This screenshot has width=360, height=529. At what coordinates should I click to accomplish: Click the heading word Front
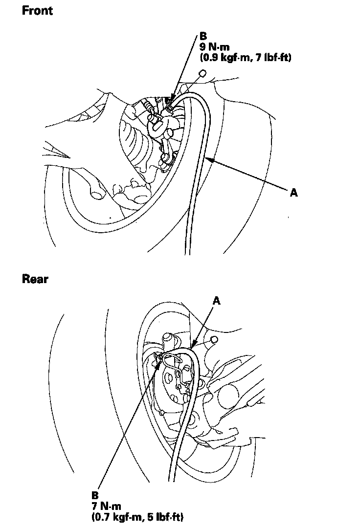click(x=37, y=11)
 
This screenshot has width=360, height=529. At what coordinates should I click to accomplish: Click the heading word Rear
click(x=35, y=279)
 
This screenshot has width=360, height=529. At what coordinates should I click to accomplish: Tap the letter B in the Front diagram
click(x=203, y=37)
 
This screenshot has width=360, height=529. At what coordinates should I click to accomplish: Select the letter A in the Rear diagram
click(x=217, y=301)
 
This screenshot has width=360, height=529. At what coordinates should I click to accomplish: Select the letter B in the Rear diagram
click(x=95, y=496)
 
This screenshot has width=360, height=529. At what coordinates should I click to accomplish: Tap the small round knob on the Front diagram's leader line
click(x=202, y=74)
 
